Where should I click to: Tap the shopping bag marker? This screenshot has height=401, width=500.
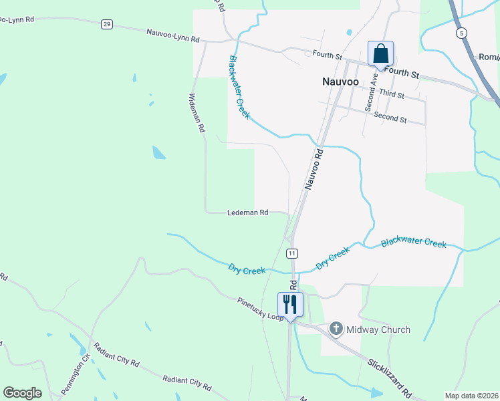point(380,53)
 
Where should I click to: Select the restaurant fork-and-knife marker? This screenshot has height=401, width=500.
point(290,304)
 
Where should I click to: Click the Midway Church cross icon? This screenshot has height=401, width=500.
point(336,329)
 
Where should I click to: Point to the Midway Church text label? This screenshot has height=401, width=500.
point(378,329)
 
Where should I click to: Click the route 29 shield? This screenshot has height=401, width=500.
point(106,24)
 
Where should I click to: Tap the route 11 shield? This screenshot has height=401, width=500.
point(292,253)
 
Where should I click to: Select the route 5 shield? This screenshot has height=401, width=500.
point(461,32)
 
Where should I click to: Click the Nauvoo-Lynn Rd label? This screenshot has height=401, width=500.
point(173,35)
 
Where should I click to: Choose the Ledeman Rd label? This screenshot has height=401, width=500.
point(247,213)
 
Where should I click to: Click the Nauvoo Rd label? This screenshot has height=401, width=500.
point(314,169)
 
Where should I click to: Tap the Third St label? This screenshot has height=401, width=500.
point(392,95)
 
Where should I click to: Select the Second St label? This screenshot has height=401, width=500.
point(390,118)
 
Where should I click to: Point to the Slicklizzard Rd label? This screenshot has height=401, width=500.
point(389,378)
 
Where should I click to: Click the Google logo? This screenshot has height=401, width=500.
point(22,393)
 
